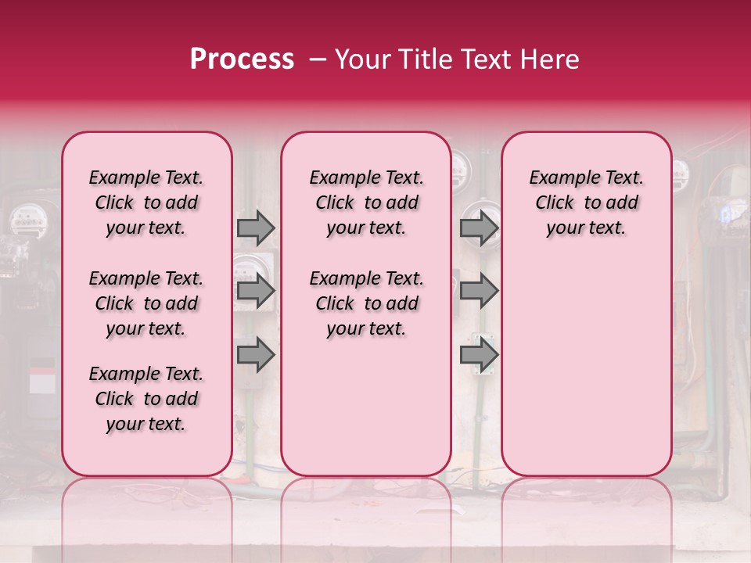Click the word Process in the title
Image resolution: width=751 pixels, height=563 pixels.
[241, 59]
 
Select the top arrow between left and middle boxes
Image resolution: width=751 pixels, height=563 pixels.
[256, 228]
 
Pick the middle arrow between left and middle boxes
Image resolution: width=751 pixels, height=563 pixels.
[256, 291]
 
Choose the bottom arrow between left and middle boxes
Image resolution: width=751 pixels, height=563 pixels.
[256, 354]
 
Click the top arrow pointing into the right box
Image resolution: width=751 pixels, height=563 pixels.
[479, 228]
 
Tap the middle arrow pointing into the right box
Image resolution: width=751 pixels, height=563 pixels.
[479, 291]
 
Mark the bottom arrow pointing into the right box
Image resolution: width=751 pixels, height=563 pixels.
[479, 354]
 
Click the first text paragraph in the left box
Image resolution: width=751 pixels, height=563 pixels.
[146, 203]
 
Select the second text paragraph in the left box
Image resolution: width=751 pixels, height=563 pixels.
[146, 303]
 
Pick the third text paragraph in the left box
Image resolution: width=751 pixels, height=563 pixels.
[146, 399]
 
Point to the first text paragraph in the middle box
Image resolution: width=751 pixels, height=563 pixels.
[366, 203]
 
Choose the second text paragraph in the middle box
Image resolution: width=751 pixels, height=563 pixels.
[366, 303]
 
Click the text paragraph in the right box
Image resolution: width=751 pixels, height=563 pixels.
[586, 203]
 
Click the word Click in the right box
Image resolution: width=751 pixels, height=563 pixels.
[555, 203]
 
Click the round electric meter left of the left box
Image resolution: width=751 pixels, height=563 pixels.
[25, 219]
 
